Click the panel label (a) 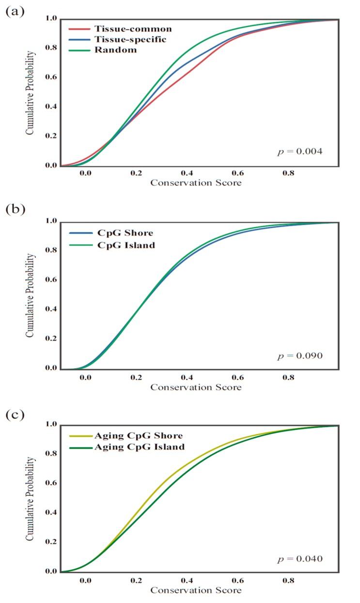pos(14,12)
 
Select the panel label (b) pos(15,209)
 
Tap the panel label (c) pos(14,415)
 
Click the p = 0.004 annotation pos(299,152)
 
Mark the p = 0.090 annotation pos(299,356)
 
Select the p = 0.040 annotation pos(299,559)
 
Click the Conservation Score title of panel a pos(196,183)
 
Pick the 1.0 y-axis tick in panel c pos(51,425)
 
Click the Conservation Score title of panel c pos(196,590)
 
